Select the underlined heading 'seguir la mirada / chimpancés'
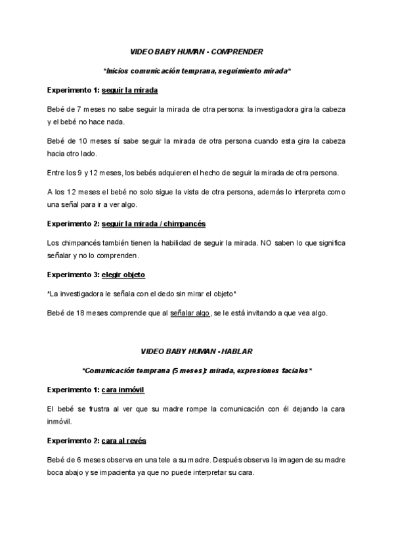click(x=154, y=224)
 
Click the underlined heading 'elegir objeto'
click(x=123, y=274)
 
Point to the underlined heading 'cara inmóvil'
click(x=123, y=390)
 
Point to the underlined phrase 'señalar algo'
click(x=190, y=313)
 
